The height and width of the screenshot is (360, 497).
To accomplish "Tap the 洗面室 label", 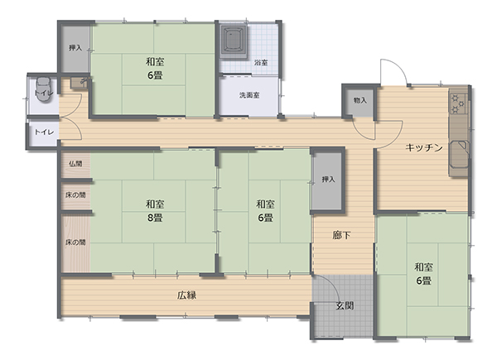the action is (x=249, y=95).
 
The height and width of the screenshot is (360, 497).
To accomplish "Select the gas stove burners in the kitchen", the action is (x=458, y=103).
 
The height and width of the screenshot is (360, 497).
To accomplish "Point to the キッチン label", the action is (x=424, y=147).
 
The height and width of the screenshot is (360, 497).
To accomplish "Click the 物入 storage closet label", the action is (x=360, y=100).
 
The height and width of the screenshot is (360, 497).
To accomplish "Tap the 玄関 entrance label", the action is (x=345, y=306).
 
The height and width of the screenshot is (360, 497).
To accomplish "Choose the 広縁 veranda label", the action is (x=186, y=295).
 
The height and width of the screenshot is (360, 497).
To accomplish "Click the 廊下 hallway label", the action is (x=341, y=235).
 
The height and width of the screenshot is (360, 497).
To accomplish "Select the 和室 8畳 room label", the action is (x=155, y=211).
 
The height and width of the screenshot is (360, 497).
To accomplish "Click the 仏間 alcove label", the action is (x=75, y=164).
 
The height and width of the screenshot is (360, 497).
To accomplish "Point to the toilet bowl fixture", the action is (x=44, y=89).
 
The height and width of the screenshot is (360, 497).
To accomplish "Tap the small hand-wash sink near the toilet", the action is (x=80, y=82).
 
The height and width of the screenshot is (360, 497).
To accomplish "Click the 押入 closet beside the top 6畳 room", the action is (x=75, y=48).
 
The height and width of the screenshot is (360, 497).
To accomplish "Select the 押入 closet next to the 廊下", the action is (x=328, y=180).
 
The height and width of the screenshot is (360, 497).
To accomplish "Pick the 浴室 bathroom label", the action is (x=261, y=63).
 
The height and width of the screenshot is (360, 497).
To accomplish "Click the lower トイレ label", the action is (x=44, y=132).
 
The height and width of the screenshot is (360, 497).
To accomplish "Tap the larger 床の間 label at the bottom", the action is (x=75, y=242).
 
